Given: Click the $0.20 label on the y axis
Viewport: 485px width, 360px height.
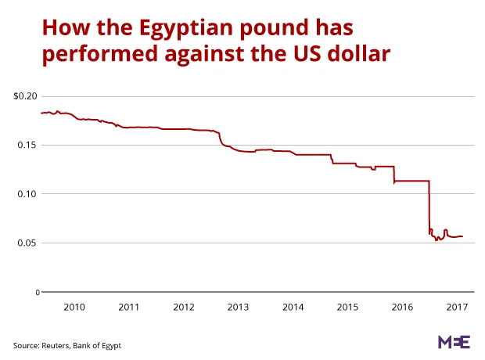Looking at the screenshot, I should [x=26, y=96].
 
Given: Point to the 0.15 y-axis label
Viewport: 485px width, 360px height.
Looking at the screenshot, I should [x=27, y=146].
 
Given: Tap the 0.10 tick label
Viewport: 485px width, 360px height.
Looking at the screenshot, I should [x=27, y=194].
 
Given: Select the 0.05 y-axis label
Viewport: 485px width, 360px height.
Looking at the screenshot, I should [x=27, y=243].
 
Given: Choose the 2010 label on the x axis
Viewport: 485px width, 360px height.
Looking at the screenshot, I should [x=74, y=308].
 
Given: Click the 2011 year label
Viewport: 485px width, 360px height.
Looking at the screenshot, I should [x=128, y=308].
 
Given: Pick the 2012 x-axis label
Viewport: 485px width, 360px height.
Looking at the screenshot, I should [x=183, y=308].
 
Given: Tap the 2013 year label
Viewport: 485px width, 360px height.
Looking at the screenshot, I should [x=238, y=308].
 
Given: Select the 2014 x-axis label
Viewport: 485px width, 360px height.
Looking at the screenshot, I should [x=293, y=308].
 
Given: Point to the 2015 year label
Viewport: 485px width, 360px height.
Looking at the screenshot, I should [x=347, y=308].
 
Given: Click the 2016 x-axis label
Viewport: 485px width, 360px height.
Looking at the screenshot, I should [x=402, y=308].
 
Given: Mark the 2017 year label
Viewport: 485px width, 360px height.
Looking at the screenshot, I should [x=457, y=308].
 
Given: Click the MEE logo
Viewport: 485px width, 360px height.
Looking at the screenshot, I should [x=453, y=342].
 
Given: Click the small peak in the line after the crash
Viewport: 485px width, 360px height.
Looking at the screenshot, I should [x=445, y=230].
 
